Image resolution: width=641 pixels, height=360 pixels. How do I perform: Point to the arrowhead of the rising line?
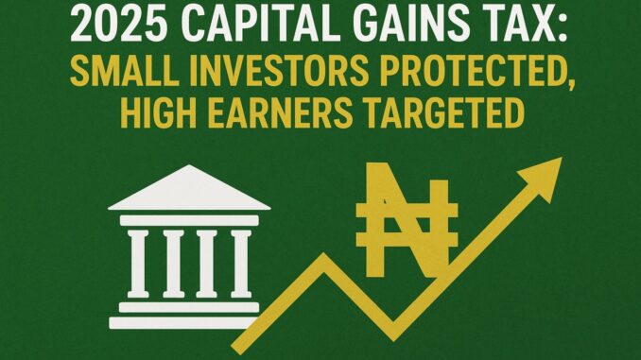coord(546,174)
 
